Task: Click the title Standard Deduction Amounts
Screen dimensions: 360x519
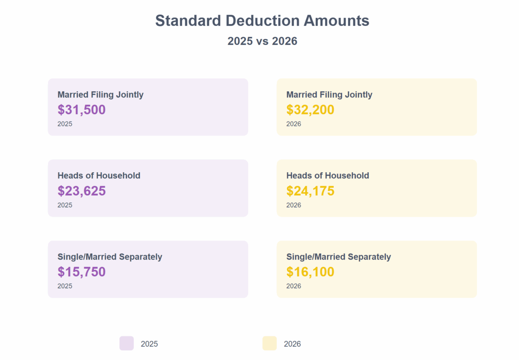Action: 262,21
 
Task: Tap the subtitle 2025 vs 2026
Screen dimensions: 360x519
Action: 262,41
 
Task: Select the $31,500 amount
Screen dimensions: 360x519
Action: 81,110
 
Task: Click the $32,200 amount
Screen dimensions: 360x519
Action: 310,110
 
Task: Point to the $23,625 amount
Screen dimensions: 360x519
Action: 81,191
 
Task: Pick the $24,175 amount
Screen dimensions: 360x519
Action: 310,191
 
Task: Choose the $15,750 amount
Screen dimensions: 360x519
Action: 81,272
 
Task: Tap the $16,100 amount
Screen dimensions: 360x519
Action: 310,272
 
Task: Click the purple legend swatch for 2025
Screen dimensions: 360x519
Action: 127,343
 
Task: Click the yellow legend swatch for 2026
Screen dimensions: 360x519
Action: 269,343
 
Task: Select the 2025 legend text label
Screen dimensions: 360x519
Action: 149,344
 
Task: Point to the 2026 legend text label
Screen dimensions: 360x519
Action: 292,344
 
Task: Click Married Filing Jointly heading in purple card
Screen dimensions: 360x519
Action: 100,94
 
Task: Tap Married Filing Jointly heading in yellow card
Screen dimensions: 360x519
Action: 329,94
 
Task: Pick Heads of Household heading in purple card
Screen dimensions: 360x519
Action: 99,175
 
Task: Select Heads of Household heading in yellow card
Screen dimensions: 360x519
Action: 327,175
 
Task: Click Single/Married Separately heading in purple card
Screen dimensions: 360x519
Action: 109,257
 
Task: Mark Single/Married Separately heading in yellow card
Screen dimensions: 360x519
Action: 338,257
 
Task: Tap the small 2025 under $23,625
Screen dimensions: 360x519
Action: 65,205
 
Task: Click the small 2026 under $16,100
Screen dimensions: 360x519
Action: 294,286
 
